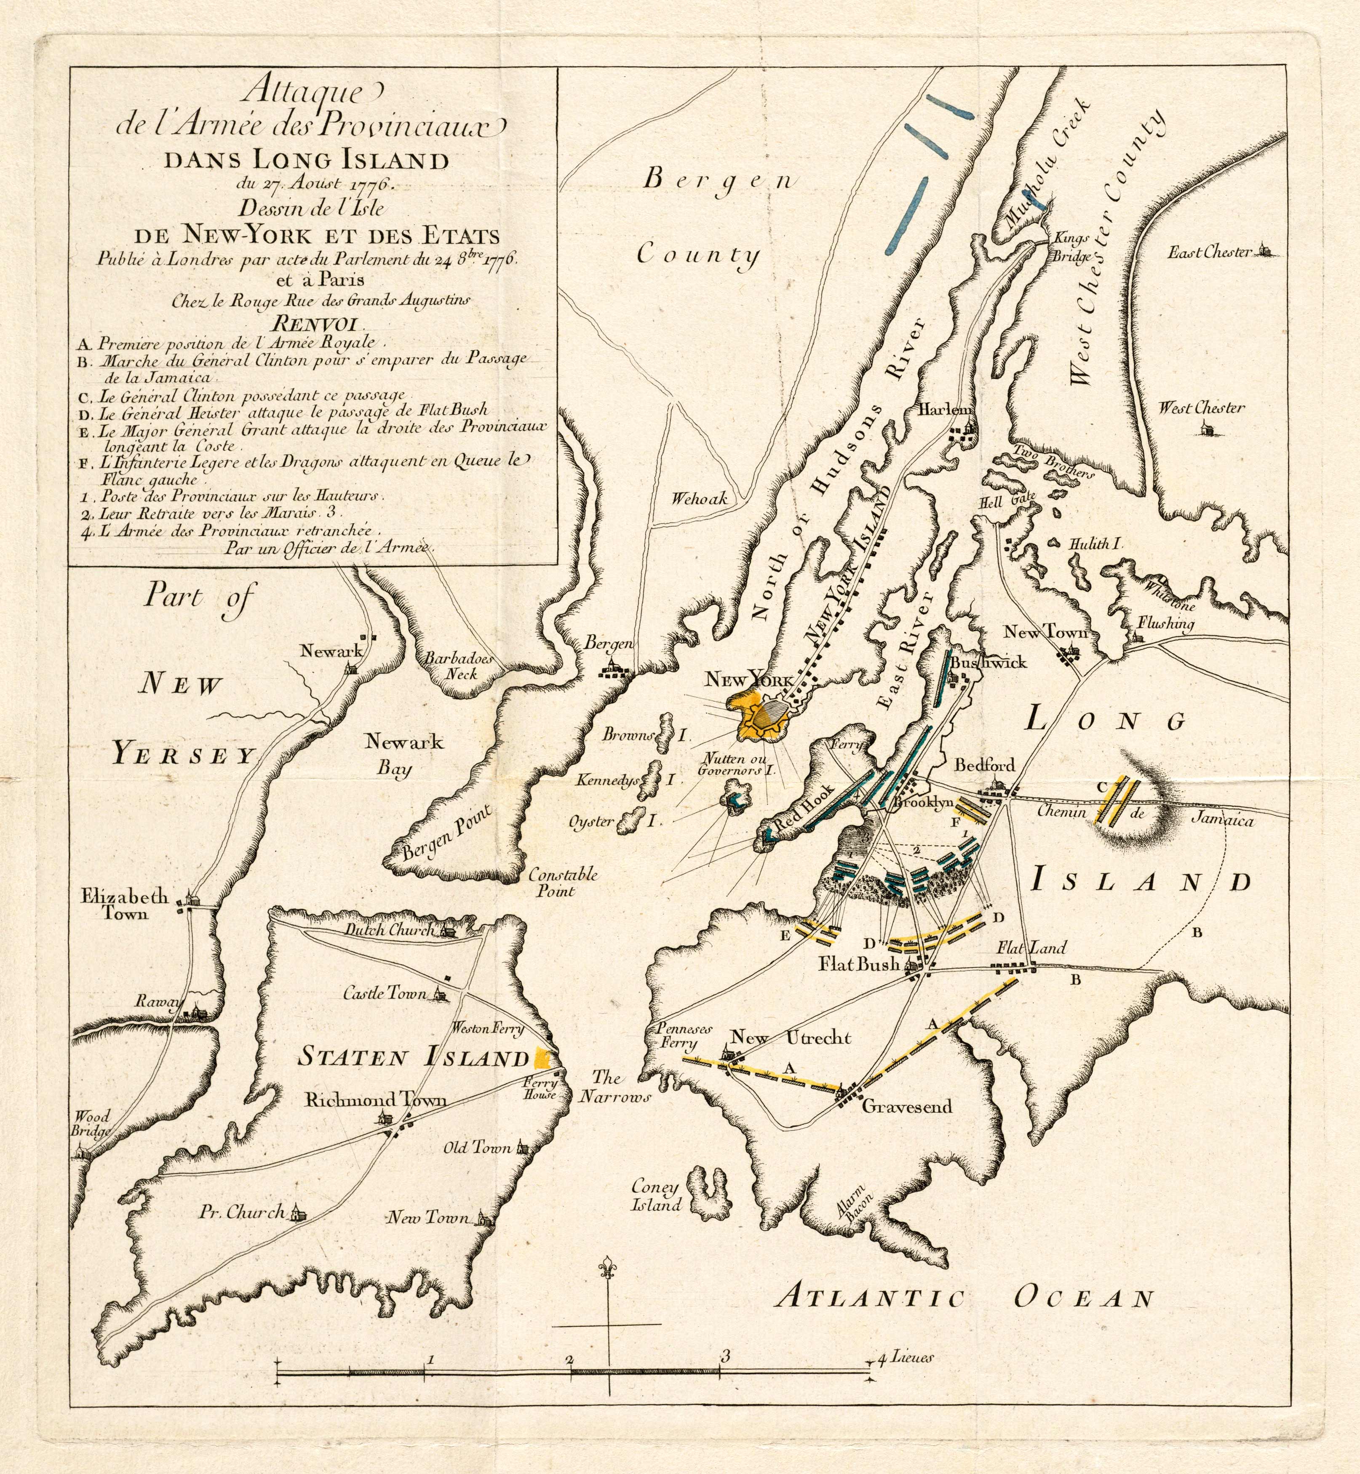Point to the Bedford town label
point(984,765)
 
